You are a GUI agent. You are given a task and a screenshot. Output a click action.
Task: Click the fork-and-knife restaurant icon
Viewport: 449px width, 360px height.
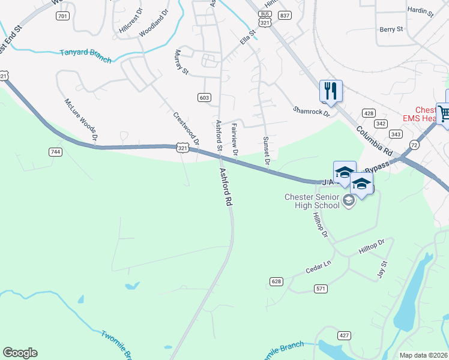pos(331,91)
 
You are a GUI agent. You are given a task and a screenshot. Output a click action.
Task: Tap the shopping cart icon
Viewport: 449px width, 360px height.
pos(444,112)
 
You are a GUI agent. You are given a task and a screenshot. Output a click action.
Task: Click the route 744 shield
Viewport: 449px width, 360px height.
pos(56,152)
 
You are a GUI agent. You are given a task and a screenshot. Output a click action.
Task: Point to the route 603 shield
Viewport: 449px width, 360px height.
pos(204,97)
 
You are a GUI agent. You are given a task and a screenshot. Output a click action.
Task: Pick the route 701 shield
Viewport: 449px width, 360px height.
pos(62,16)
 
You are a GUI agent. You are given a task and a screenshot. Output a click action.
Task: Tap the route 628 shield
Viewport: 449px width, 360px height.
pos(276,281)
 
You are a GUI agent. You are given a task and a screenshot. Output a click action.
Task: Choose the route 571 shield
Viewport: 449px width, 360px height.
pos(321,289)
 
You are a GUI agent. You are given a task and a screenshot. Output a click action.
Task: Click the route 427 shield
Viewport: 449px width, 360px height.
pos(344,335)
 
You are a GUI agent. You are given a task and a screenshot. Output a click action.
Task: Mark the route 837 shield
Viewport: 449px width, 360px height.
pos(285,16)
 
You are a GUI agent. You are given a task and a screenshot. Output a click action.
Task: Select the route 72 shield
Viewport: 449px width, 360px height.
pos(414,145)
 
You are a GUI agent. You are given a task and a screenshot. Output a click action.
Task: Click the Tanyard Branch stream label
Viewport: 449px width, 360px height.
pos(86,53)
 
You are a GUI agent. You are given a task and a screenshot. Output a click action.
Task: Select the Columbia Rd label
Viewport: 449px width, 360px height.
pos(373,138)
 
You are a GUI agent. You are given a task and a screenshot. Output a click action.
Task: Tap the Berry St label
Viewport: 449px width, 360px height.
pos(391,29)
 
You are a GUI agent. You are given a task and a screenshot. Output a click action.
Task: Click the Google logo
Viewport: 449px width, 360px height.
pos(20,353)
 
